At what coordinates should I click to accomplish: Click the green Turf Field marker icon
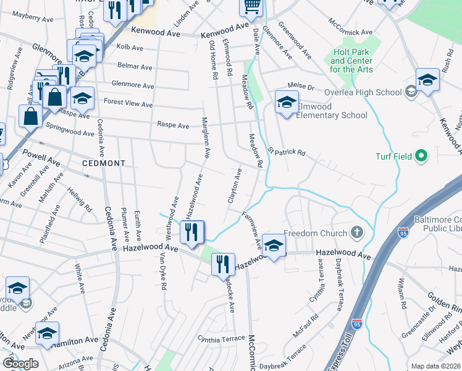pos(422,155)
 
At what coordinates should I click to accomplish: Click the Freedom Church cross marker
pos(356,233)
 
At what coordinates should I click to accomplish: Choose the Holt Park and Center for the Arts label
pos(351,61)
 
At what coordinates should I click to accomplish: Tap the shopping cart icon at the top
pos(251,6)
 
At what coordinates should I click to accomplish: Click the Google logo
pos(20,364)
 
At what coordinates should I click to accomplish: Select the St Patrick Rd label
pos(287,151)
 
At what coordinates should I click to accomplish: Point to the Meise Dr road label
pos(301,87)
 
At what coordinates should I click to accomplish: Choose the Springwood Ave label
pos(70,131)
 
